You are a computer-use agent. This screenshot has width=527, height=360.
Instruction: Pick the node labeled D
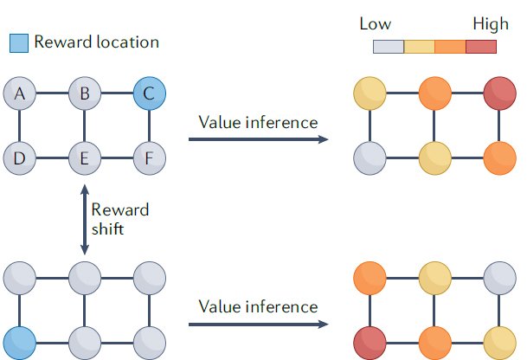click(19, 158)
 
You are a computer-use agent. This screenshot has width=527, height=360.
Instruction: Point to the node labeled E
click(84, 158)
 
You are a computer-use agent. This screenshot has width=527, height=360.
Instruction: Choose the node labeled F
click(149, 158)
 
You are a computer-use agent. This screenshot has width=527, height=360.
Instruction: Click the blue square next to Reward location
click(19, 42)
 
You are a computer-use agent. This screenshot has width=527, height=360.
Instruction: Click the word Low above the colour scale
click(375, 24)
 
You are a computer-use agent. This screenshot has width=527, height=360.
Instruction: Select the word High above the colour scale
click(491, 24)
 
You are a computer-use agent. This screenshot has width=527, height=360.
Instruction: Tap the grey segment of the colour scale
click(389, 46)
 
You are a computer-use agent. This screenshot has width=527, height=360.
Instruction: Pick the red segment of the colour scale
click(481, 46)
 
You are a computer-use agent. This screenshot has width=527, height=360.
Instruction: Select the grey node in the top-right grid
click(371, 158)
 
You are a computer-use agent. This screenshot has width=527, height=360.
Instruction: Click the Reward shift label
click(120, 218)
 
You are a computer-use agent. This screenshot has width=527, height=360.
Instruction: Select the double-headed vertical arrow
click(84, 218)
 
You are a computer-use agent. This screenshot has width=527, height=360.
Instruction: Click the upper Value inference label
click(258, 123)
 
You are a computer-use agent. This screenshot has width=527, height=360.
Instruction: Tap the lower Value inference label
click(258, 306)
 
